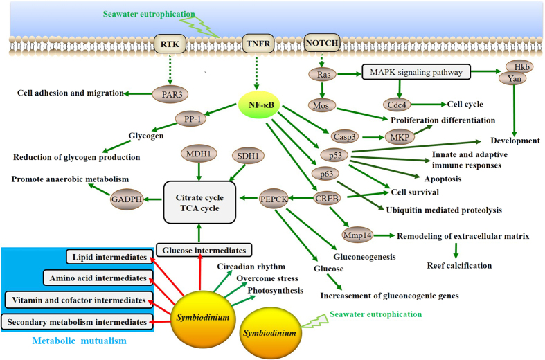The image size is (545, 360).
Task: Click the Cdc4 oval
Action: [x=399, y=105]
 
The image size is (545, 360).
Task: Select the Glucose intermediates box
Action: [x=203, y=250]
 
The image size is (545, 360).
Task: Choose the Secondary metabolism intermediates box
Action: [x=75, y=322]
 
